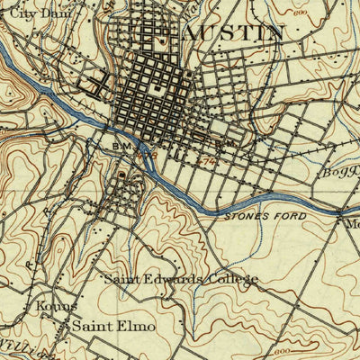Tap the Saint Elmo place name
pyautogui.click(x=113, y=326)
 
